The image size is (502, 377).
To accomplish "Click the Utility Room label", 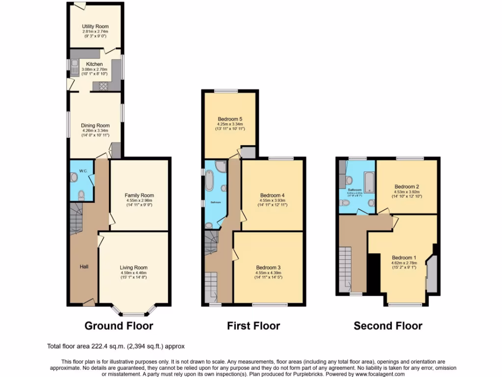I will click(95, 27).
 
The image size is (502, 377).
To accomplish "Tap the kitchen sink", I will click(74, 66).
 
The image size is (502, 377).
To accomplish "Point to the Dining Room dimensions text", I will click(95, 133).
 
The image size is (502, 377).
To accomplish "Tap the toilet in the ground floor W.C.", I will click(81, 196).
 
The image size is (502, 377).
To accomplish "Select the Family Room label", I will click(139, 195).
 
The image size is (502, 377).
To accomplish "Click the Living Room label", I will click(133, 268).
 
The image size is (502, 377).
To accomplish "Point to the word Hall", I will click(84, 267).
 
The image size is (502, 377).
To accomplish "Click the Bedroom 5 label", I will click(230, 119).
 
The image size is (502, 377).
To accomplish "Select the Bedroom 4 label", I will click(272, 195).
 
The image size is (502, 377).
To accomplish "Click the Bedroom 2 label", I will click(406, 187).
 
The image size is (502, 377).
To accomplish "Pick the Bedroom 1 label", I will click(403, 258).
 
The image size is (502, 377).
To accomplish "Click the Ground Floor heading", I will click(119, 325).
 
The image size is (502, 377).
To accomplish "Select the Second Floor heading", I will click(388, 325).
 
